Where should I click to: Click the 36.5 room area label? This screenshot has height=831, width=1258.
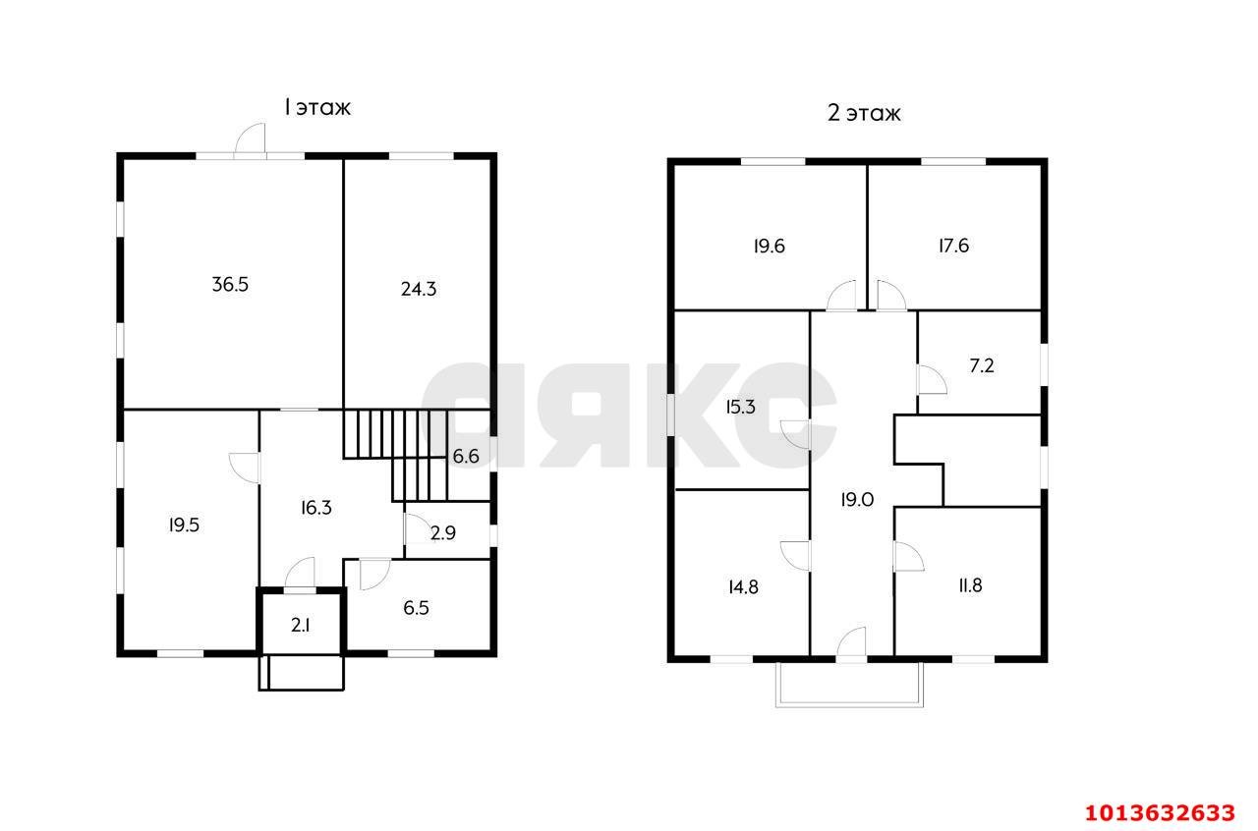pos(230,285)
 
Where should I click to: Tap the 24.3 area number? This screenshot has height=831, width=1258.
pos(419,289)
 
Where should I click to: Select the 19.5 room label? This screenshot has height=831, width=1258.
pos(184,526)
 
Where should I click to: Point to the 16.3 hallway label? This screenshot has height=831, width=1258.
pos(316,508)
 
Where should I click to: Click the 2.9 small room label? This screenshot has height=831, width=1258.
pos(443,532)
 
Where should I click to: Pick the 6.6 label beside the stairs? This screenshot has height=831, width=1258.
pos(466,457)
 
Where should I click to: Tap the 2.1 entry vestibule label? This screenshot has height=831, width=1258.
pos(301,626)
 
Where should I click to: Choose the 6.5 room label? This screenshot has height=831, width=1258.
pos(416,607)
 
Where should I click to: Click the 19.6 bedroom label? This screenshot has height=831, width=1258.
pos(770,247)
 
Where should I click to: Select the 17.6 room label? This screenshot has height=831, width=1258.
pos(954,246)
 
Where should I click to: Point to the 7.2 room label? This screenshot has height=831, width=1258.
pos(982,366)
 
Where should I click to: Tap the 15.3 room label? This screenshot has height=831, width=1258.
pos(741,407)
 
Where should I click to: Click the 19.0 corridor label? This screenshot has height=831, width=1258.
pos(858,500)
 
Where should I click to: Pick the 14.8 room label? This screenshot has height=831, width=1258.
pos(744,587)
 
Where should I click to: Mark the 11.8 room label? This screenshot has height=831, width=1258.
pos(970,585)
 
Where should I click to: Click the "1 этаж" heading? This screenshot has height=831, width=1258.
pos(317,107)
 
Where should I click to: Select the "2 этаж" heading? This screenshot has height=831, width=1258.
pos(864,113)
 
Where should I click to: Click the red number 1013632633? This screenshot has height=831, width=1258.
pos(1160,813)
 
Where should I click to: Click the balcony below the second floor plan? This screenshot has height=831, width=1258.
pos(850,685)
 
